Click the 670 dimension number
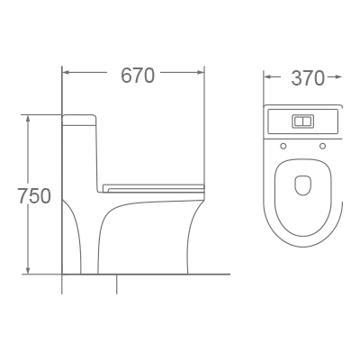click(x=138, y=76)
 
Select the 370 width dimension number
click(x=308, y=78)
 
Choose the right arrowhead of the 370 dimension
click(x=338, y=78)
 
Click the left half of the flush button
click(x=298, y=120)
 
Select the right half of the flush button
click(x=307, y=120)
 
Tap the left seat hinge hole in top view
click(x=283, y=146)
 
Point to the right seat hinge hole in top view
click(x=321, y=146)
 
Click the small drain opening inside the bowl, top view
click(x=302, y=184)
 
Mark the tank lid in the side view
click(x=79, y=118)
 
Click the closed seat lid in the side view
click(x=153, y=187)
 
